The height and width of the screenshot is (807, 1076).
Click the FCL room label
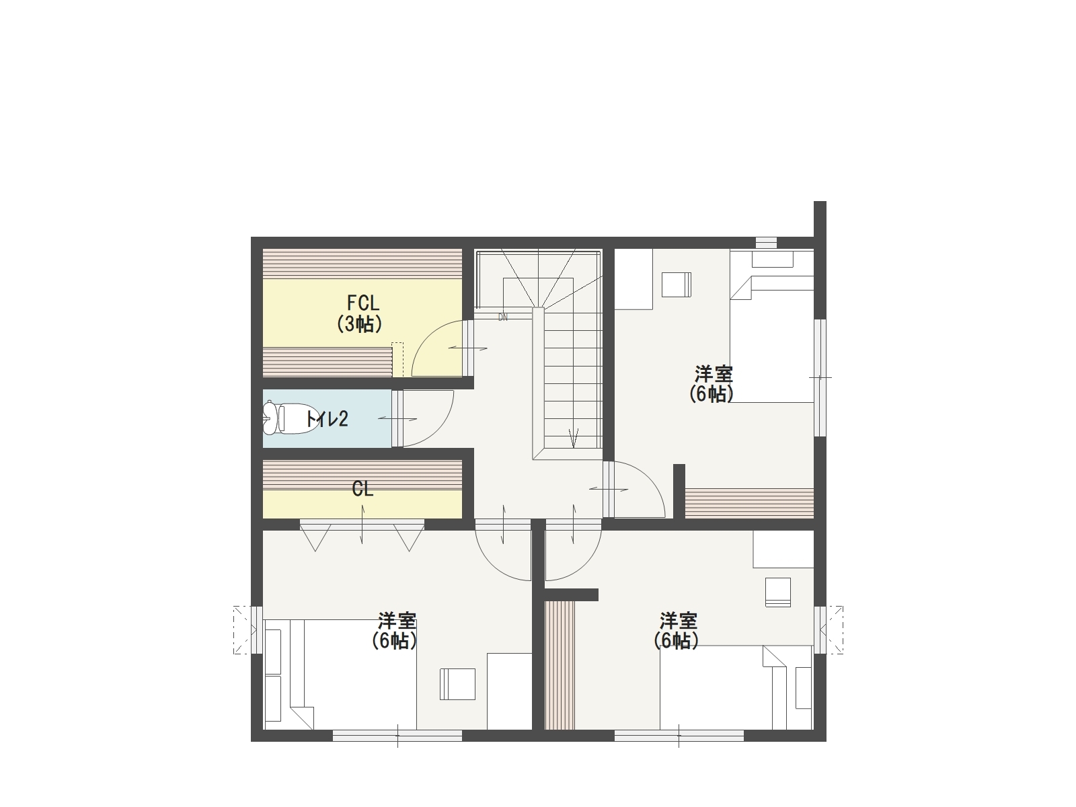(x=363, y=303)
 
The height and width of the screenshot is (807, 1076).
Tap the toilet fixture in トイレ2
(x=290, y=418)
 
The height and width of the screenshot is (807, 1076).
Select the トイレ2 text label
(x=326, y=419)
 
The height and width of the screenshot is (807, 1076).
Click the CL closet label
(x=362, y=488)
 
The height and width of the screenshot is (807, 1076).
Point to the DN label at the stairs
(x=503, y=317)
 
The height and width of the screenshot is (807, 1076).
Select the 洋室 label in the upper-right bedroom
(x=714, y=375)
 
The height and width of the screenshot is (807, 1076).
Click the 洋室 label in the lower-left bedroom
(x=397, y=621)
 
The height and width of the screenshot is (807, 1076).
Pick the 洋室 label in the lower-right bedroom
(x=679, y=621)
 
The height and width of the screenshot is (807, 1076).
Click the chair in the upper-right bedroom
(x=677, y=284)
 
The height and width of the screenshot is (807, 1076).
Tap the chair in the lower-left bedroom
(x=457, y=684)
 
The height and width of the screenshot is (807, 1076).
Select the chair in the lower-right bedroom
(x=778, y=592)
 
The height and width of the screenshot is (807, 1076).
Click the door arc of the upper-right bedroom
(x=652, y=477)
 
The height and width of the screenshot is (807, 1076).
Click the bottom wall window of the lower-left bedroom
(x=397, y=736)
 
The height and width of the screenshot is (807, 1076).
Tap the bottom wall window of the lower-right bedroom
(x=679, y=736)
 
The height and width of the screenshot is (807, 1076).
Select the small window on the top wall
(x=766, y=243)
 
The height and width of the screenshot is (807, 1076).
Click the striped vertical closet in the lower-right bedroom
(x=560, y=665)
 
